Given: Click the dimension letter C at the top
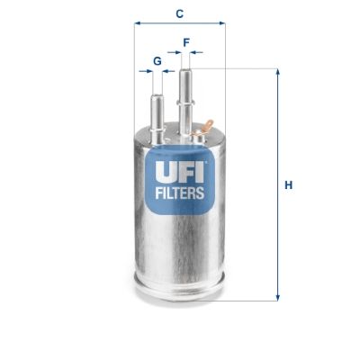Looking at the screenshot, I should [x=180, y=13].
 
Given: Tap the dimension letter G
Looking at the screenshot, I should [x=157, y=60].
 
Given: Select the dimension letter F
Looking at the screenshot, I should [x=186, y=41].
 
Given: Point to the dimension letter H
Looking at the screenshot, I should [x=289, y=186].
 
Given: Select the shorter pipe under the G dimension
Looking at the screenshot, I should [x=157, y=103].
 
